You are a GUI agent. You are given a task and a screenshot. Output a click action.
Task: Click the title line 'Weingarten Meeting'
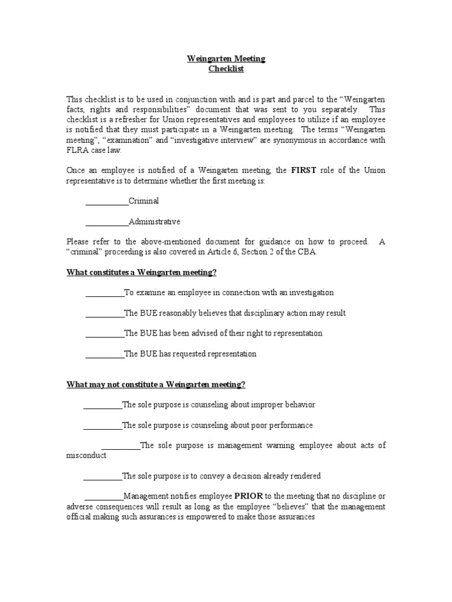click(x=226, y=59)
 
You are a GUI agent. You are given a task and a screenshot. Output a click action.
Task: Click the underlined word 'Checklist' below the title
click(x=226, y=69)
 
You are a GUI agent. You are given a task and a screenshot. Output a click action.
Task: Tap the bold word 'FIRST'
click(x=304, y=170)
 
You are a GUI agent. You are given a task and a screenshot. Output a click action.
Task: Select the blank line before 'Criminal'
click(x=107, y=201)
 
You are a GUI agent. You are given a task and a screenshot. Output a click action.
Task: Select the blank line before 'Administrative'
click(x=107, y=222)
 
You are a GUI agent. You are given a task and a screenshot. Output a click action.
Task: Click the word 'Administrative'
click(x=154, y=222)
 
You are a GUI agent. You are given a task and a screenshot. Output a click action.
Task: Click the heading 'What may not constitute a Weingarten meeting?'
click(x=156, y=384)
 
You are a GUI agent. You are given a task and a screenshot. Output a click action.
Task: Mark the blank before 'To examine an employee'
click(x=105, y=292)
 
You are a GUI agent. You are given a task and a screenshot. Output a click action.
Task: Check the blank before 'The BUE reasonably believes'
click(x=105, y=313)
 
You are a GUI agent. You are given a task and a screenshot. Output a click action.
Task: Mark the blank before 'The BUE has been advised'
click(x=105, y=333)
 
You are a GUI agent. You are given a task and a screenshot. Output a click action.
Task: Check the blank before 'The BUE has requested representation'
click(x=105, y=354)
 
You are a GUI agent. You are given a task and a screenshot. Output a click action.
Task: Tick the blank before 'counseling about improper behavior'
click(x=102, y=404)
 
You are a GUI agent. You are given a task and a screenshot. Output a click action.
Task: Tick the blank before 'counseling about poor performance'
click(x=102, y=425)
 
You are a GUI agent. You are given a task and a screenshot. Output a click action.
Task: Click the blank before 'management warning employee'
click(x=121, y=446)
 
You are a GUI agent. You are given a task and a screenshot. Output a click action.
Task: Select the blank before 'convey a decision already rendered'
click(x=102, y=476)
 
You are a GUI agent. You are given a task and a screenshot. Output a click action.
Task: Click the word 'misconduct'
click(x=86, y=456)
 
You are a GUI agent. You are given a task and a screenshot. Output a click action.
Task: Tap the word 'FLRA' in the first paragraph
click(x=78, y=150)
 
